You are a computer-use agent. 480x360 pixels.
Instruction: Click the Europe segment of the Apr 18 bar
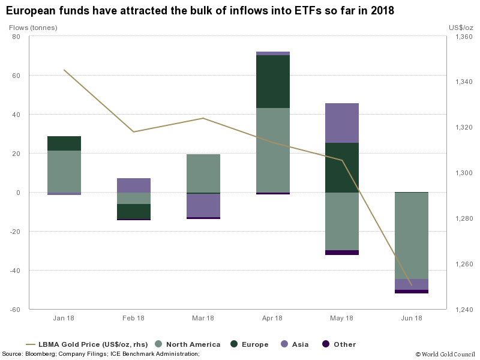[273, 82]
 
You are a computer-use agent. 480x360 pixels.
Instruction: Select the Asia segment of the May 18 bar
[342, 123]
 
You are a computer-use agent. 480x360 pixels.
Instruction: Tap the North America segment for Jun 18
[412, 236]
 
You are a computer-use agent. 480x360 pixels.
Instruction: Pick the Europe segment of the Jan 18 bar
[64, 143]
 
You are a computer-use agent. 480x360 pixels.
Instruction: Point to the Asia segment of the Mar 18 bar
[203, 205]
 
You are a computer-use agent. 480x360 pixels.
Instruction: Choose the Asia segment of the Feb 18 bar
[134, 185]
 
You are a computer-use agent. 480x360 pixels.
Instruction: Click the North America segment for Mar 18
[203, 173]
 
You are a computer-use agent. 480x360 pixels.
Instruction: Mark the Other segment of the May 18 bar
[342, 253]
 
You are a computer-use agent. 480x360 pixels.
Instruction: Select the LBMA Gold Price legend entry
[87, 344]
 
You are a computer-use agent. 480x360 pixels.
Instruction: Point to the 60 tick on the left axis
[16, 76]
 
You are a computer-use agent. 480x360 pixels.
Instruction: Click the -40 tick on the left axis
[15, 271]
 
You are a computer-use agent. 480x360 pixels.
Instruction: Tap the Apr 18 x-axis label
[272, 318]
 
